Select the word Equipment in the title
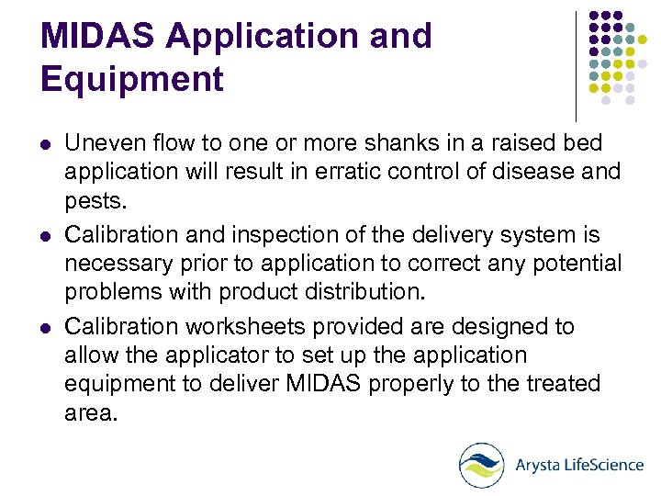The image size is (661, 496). [132, 80]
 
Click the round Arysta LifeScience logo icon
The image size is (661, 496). [481, 465]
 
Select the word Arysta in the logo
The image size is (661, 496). [539, 466]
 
